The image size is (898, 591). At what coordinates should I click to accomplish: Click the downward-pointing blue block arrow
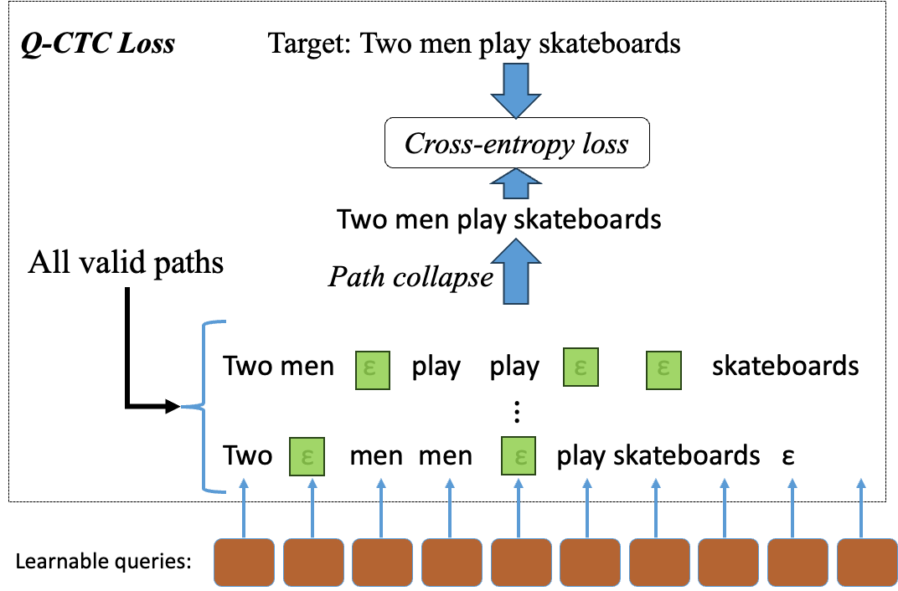click(516, 90)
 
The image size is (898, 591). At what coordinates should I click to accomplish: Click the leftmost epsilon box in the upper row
click(373, 370)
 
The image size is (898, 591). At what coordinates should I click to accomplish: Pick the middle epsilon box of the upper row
click(581, 367)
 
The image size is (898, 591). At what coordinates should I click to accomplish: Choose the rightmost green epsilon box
click(663, 370)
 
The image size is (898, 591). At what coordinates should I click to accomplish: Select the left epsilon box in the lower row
click(307, 456)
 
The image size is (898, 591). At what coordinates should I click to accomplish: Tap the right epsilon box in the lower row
click(519, 456)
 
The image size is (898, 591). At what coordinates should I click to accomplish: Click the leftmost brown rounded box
click(244, 563)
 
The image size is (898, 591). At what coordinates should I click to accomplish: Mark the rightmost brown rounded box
click(867, 563)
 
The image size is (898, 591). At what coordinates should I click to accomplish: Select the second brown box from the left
click(313, 563)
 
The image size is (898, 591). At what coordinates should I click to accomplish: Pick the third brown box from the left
click(382, 563)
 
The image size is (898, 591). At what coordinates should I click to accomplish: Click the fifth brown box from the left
click(521, 563)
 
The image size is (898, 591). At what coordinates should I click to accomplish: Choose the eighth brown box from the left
click(728, 563)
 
